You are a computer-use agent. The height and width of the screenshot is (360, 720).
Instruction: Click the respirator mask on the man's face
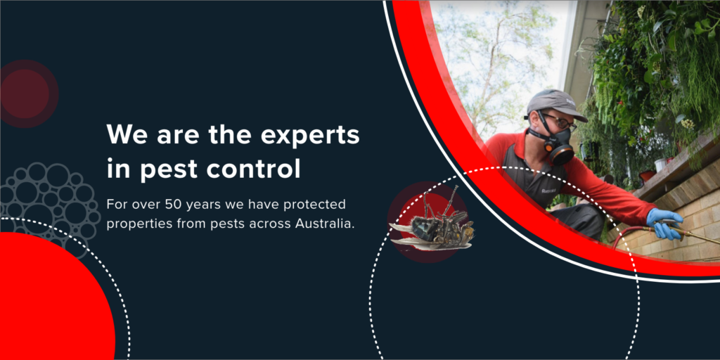click(556, 145)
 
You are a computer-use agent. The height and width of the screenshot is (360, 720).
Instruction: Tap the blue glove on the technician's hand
click(663, 223)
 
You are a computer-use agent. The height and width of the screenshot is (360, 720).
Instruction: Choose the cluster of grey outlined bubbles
click(49, 200)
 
